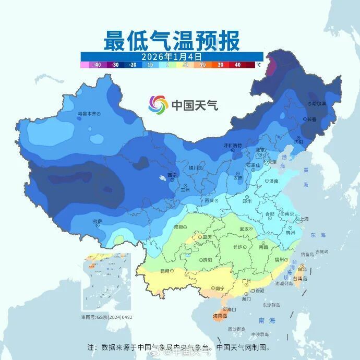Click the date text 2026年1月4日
point(172,56)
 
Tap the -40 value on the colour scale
point(97,65)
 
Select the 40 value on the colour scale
point(237,65)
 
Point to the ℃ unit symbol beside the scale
point(258,65)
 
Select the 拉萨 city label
point(98,221)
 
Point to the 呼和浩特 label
point(233,145)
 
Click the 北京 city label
point(259,150)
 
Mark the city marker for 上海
point(296,219)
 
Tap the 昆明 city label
point(165,271)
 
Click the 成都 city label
point(179,227)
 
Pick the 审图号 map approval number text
point(106,317)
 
